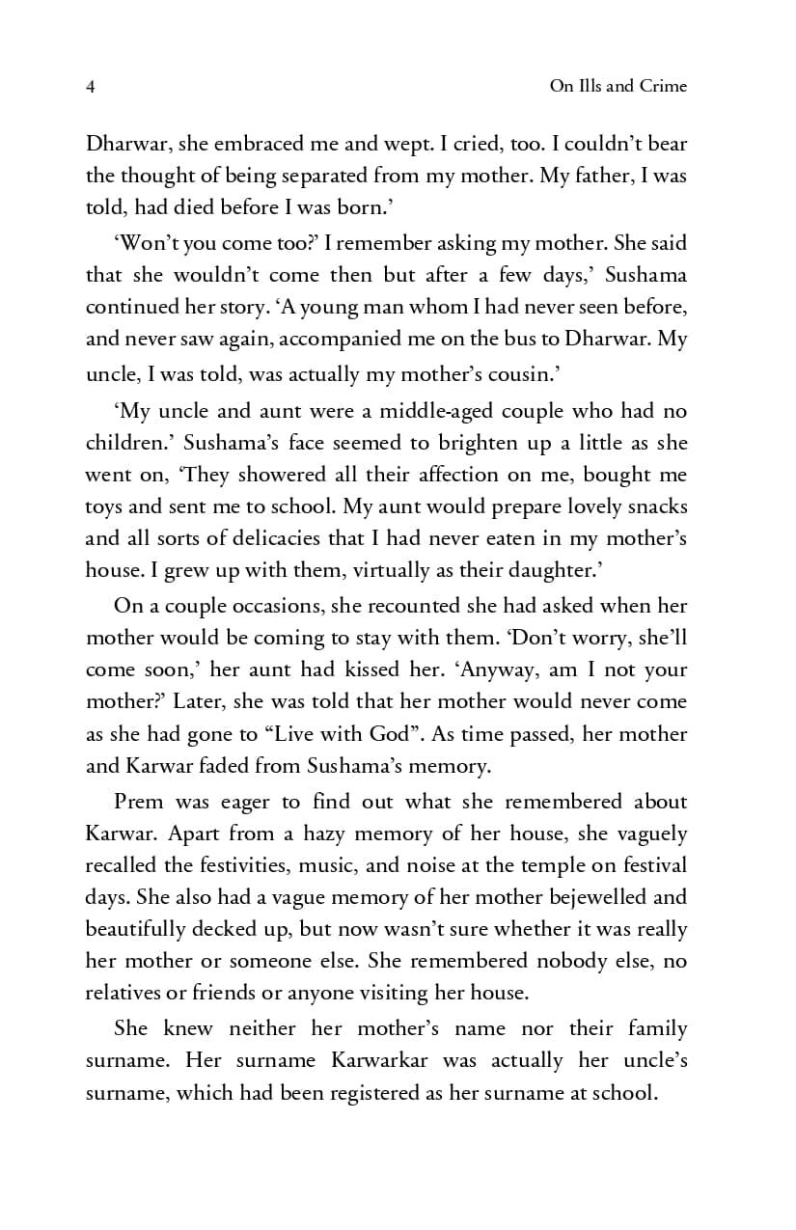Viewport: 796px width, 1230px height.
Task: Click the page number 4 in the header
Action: click(90, 87)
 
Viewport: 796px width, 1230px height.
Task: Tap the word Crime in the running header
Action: click(662, 86)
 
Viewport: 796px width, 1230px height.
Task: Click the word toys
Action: click(104, 507)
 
